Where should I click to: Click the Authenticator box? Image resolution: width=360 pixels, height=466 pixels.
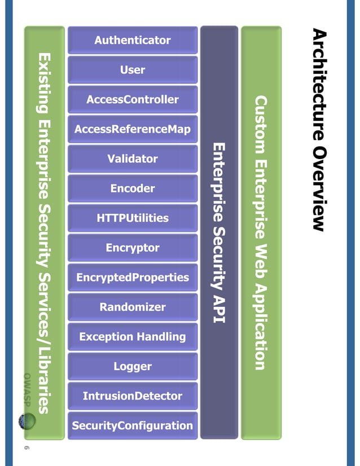[133, 40]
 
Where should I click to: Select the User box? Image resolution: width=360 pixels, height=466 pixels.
[133, 70]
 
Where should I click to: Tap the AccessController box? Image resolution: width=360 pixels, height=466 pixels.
[133, 100]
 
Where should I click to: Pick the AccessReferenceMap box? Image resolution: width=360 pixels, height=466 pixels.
[133, 130]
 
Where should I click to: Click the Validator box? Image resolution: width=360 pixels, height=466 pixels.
[133, 159]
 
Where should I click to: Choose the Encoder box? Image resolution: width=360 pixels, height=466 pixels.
[133, 188]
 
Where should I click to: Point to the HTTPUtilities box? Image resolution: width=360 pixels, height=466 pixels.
[133, 218]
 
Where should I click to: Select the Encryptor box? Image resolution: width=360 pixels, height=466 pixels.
[133, 248]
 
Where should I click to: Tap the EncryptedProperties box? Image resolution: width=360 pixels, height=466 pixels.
[133, 278]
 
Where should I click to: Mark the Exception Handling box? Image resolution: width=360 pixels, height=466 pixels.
[133, 337]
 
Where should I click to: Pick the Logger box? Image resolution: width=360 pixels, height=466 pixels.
[133, 367]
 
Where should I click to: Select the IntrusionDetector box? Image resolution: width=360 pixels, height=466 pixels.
[133, 396]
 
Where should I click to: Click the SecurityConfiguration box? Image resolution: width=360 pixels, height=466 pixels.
[133, 426]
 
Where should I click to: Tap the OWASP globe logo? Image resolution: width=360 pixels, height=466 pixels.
[26, 421]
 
